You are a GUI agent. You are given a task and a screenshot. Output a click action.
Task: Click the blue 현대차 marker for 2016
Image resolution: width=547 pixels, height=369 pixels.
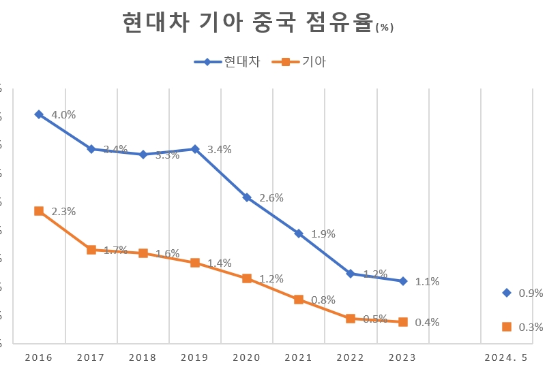coord(39,114)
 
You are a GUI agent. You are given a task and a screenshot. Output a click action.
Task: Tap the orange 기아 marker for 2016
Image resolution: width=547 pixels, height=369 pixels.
coord(39,211)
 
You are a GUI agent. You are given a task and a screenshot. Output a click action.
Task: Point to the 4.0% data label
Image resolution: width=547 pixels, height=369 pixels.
coord(63,114)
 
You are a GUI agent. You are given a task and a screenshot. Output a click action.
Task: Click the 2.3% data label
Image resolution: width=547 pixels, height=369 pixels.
coord(63,211)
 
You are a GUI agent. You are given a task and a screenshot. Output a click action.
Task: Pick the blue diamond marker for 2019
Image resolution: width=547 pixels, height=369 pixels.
coord(195,149)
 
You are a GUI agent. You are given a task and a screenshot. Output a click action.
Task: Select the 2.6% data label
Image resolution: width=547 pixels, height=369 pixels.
coord(271,197)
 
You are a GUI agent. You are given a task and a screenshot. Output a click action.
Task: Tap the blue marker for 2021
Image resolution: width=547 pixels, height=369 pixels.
coord(299,234)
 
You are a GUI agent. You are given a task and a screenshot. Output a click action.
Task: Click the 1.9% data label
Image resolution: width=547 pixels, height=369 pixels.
coord(323,234)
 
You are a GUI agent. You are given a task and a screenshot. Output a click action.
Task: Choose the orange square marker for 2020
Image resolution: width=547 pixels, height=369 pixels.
coord(247,278)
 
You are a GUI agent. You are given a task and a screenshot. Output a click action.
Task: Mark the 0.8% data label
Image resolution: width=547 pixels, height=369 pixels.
coord(323,300)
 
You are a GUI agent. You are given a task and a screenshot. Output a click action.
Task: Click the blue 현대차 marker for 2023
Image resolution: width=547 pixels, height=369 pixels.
coord(403,281)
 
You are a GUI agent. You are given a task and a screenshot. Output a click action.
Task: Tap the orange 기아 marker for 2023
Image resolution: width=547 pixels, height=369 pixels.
coord(403,322)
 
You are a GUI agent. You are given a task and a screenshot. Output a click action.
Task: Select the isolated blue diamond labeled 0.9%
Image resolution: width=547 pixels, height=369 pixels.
coord(506,293)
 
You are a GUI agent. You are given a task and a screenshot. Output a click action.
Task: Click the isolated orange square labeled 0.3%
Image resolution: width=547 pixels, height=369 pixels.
coord(506,327)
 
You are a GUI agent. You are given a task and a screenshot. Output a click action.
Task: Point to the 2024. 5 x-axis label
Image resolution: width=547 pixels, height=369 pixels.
coord(506,357)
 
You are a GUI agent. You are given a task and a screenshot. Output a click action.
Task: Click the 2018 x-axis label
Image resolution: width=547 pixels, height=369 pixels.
coord(143,357)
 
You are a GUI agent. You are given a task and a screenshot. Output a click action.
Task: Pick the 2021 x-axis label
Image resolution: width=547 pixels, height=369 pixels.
coord(299,357)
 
